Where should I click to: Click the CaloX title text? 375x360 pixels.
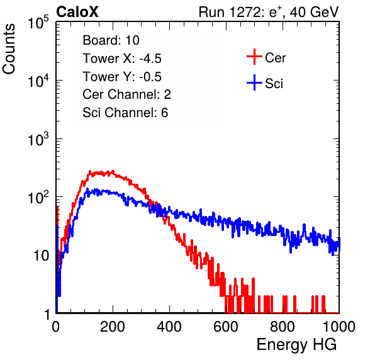[x=77, y=12]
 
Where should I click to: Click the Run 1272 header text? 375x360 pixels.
[x=269, y=12]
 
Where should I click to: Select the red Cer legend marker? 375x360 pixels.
[x=254, y=57]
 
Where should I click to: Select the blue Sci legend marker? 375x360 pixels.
[x=254, y=82]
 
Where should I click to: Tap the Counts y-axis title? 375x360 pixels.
[x=9, y=49]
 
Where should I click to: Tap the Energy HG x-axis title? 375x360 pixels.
[x=296, y=345]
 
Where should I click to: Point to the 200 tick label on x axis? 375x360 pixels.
[x=113, y=327]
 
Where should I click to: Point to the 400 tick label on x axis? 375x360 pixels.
[x=169, y=327]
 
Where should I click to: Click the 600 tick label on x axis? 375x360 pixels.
[x=226, y=327]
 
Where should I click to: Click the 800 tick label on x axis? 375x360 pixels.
[x=283, y=327]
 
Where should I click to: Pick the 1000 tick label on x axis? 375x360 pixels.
[x=339, y=327]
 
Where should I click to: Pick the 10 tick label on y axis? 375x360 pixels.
[x=42, y=256]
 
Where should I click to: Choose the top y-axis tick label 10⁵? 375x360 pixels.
[x=38, y=22]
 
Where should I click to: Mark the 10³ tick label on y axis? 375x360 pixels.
[x=38, y=139]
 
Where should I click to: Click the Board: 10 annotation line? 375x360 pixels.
[x=111, y=40]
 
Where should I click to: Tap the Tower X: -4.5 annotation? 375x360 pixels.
[x=122, y=59]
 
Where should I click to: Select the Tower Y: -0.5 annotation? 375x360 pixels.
[x=122, y=77]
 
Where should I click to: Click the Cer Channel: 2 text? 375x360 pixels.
[x=126, y=94]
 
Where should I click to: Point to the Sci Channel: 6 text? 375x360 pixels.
[x=125, y=113]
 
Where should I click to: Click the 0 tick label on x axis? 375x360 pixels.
[x=56, y=327]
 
